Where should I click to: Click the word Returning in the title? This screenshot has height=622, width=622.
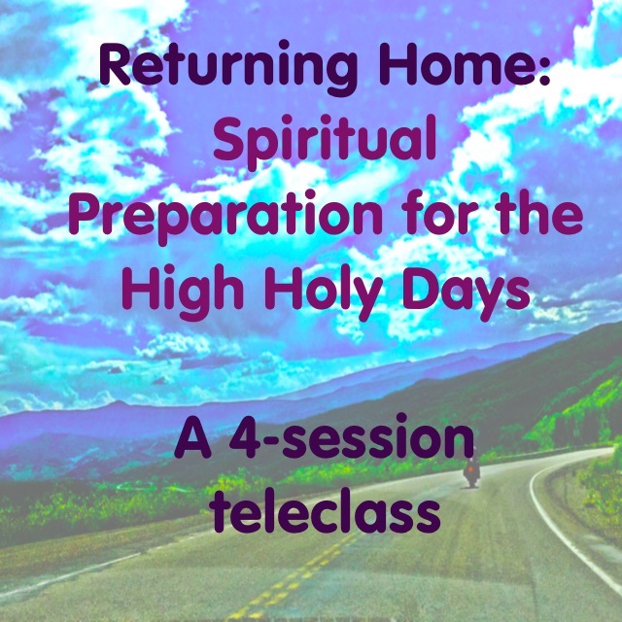(x=228, y=67)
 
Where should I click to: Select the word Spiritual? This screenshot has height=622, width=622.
(x=325, y=142)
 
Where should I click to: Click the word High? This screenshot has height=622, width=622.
(x=183, y=292)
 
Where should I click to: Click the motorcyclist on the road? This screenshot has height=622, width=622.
(x=471, y=472)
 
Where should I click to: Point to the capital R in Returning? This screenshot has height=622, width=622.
(x=115, y=63)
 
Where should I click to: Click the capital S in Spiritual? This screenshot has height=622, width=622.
(x=229, y=137)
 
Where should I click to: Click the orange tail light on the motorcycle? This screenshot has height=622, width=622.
(x=470, y=468)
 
